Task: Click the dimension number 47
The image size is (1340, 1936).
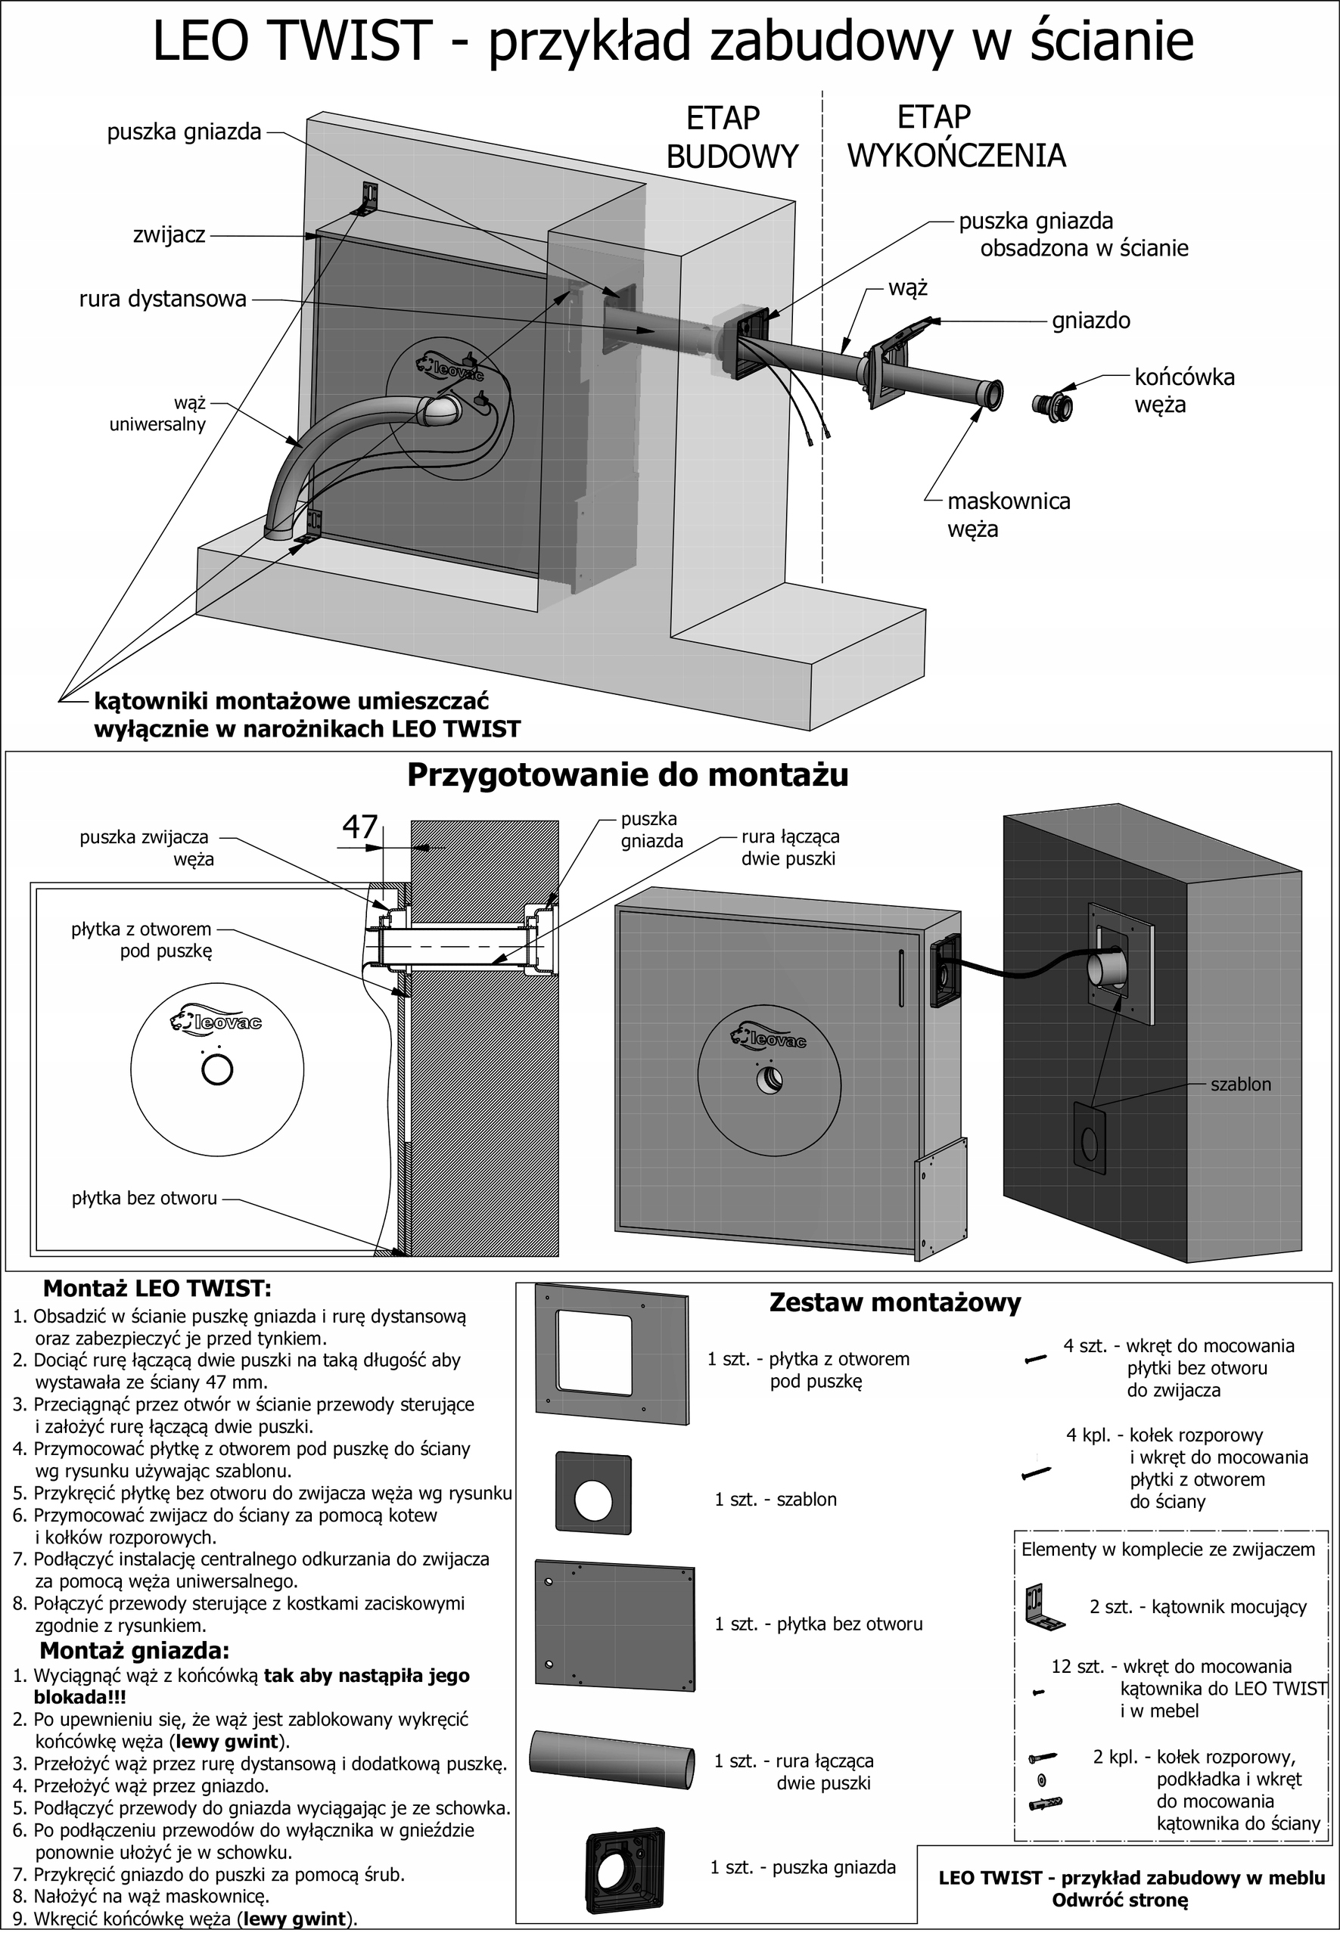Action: coord(360,827)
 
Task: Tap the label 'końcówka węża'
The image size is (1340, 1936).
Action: coord(1185,390)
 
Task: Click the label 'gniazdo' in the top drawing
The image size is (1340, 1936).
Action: coord(1090,321)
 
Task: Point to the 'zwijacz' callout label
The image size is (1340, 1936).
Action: coord(169,235)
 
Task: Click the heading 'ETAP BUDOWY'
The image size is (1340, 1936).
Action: coord(732,136)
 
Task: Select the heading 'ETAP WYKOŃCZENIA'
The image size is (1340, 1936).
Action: coord(956,136)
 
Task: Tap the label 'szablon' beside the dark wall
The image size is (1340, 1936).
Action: coord(1240,1084)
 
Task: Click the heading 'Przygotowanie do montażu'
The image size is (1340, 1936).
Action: coord(627,774)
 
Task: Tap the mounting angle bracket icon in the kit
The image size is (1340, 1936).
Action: coord(1044,1606)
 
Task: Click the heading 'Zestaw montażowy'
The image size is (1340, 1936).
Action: coord(895,1302)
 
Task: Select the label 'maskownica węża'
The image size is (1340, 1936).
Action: coord(1009,514)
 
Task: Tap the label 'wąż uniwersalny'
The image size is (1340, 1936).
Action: coord(157,414)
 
